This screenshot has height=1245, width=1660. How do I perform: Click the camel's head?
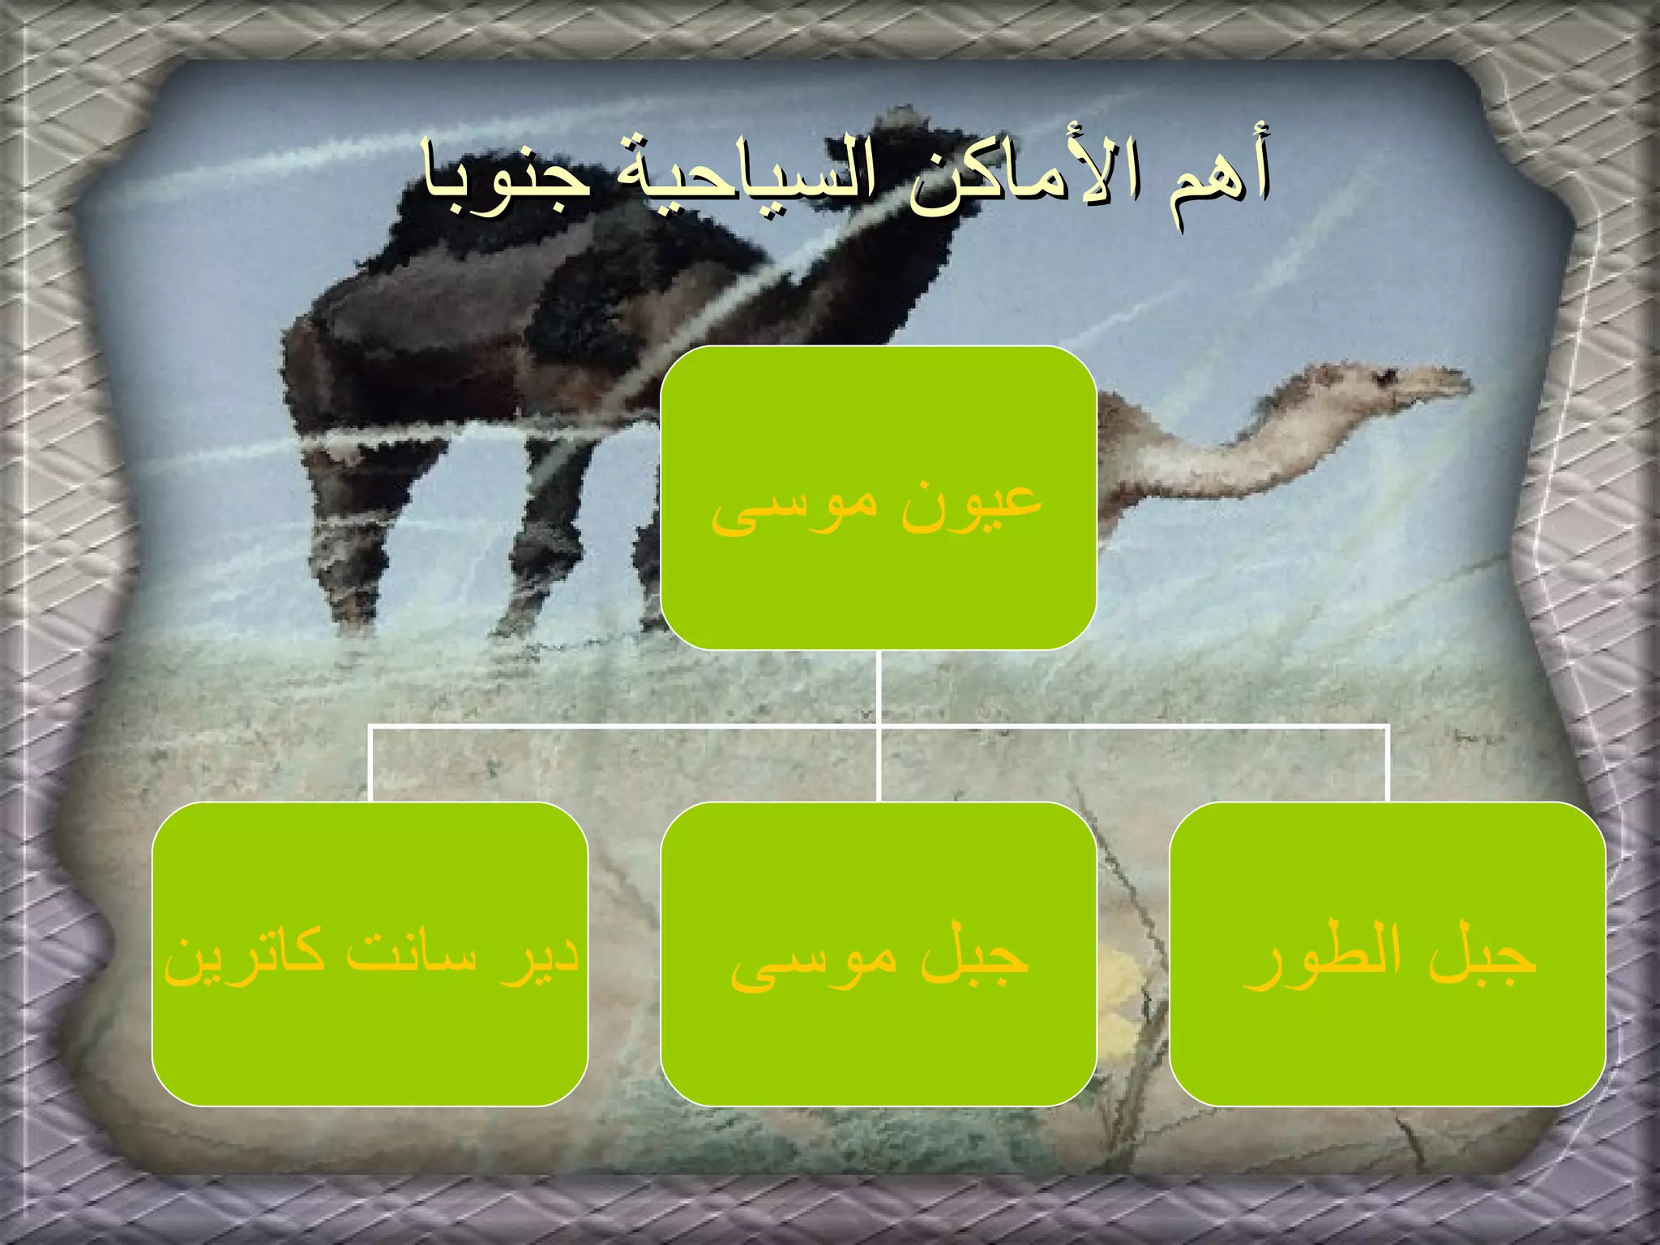1410,386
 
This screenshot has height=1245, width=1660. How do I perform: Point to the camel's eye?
1388,375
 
